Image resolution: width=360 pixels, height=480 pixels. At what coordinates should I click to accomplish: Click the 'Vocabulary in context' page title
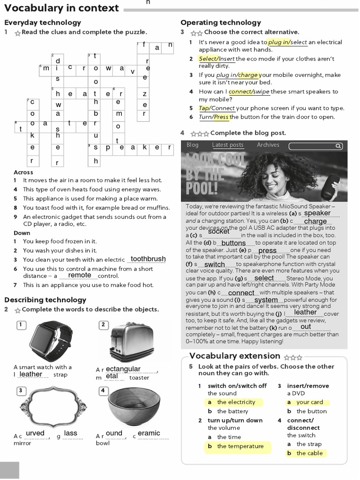pyautogui.click(x=61, y=8)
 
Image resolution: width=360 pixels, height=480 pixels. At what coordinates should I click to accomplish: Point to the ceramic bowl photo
pyautogui.click(x=134, y=406)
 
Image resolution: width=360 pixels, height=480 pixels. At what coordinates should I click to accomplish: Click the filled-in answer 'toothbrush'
pyautogui.click(x=148, y=259)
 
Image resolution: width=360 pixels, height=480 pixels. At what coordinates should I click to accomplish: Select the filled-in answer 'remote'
pyautogui.click(x=80, y=275)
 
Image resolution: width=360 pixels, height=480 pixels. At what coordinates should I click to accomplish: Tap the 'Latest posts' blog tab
pyautogui.click(x=227, y=145)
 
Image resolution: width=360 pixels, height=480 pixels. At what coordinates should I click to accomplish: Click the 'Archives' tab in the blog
pyautogui.click(x=268, y=145)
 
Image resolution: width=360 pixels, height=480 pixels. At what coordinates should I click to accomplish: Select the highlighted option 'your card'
pyautogui.click(x=309, y=402)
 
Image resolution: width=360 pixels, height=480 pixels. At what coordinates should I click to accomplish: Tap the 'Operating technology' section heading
pyautogui.click(x=220, y=22)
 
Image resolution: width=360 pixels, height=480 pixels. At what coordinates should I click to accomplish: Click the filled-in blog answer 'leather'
pyautogui.click(x=305, y=312)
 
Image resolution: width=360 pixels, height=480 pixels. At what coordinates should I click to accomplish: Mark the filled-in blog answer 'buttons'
pyautogui.click(x=233, y=243)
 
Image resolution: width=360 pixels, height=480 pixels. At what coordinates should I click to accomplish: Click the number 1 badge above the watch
pyautogui.click(x=21, y=324)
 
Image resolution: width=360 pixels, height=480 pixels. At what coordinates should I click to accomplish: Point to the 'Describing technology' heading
pyautogui.click(x=45, y=300)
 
